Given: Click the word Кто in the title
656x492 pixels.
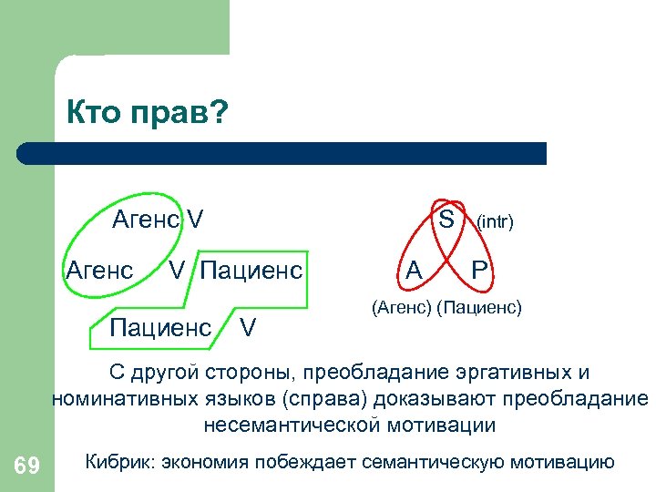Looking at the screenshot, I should (92, 115).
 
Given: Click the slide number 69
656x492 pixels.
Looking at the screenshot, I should (27, 466).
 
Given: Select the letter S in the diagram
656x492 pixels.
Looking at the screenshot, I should (446, 219).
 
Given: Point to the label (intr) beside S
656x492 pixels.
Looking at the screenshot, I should (495, 220).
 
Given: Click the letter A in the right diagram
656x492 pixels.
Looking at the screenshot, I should (415, 270).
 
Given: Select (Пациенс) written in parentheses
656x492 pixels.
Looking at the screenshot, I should (479, 308).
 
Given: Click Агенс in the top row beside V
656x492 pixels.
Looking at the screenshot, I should (146, 220).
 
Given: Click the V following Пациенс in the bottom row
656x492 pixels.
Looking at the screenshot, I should (247, 327).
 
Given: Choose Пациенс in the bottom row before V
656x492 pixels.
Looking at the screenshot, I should (160, 327).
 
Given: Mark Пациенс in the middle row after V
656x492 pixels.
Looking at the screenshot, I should (251, 270).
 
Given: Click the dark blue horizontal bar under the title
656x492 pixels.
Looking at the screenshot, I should (282, 153).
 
